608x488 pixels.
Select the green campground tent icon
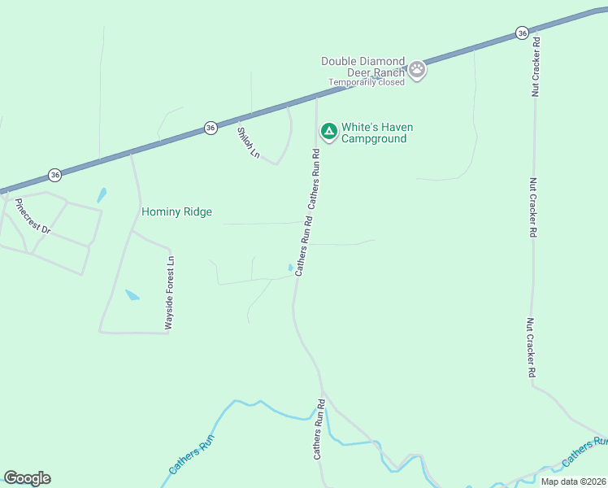coord(328,132)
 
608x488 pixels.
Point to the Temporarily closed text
coord(366,82)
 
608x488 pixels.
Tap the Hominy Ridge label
coord(176,212)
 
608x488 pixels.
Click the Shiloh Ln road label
coord(248,142)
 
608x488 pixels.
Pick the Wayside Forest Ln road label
coord(169,293)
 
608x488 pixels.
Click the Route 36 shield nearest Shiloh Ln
coord(211,128)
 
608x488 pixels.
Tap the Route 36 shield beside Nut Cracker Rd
coord(522,33)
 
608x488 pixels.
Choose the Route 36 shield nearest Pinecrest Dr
coord(54,175)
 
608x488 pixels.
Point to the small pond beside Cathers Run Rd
coord(291,267)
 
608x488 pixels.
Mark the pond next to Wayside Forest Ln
coord(132,294)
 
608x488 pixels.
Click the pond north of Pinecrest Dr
coord(102,195)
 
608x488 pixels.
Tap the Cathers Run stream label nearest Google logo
coord(191,458)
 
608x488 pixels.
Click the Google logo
coord(27,478)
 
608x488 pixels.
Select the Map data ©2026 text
coord(573,481)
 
